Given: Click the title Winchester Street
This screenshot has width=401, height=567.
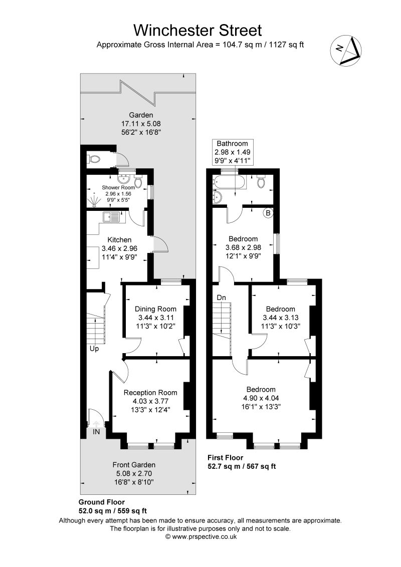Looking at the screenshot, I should coord(200,30).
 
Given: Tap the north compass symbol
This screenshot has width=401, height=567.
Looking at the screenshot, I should coord(346,51).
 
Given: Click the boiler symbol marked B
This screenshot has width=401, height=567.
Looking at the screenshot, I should coord(268,213).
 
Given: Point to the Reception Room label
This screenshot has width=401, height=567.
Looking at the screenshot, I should coord(150,392).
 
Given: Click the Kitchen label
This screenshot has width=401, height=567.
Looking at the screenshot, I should coord(119,239).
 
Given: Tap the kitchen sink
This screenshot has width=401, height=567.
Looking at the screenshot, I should coord(111,217).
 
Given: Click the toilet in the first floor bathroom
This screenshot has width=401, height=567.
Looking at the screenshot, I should coord(261,182).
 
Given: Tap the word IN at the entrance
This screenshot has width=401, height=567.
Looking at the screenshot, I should coord(96,431).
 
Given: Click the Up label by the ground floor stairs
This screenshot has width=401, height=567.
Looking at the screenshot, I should coord(94,349).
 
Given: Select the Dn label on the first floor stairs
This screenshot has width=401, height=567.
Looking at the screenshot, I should coord(221,298).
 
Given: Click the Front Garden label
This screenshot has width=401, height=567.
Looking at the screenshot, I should coord(134,464).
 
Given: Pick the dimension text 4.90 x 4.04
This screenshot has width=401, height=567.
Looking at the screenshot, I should coord(261,398).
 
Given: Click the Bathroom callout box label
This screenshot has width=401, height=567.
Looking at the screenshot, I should coord(233,144).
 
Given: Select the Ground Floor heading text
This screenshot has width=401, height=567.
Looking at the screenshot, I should coord(102,502).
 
